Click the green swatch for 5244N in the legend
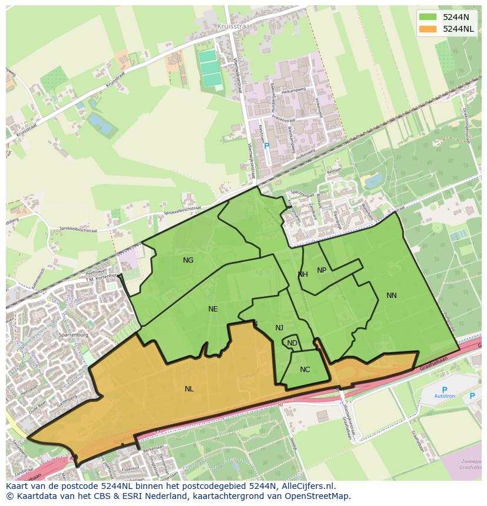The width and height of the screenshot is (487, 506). [428, 17]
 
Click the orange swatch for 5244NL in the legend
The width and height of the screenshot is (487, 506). [428, 29]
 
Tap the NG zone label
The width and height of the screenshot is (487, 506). [188, 260]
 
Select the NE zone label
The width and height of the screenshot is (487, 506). [213, 309]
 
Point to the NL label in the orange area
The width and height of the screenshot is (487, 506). [189, 389]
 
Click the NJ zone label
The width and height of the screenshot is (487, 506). [279, 328]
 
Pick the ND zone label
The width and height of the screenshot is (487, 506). [292, 343]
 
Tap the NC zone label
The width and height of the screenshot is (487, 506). [305, 370]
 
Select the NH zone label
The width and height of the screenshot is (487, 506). [303, 274]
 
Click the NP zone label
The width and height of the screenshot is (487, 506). [322, 270]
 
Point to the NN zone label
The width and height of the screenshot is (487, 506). [392, 296]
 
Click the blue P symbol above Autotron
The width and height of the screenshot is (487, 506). [445, 390]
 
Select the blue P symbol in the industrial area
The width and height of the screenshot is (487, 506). [266, 146]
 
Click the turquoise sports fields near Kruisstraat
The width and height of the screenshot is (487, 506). [209, 68]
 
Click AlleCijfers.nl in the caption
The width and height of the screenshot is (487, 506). [305, 486]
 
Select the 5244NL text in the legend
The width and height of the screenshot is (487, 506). [458, 29]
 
